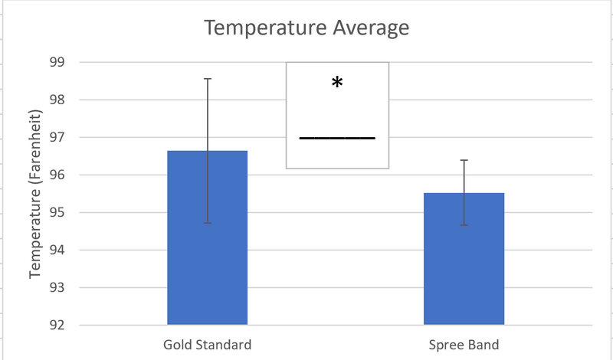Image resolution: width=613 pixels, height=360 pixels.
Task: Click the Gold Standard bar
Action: pyautogui.click(x=207, y=245)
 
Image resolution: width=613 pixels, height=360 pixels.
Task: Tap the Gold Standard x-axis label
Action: pyautogui.click(x=207, y=343)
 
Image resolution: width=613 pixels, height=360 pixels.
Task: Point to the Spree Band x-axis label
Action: pyautogui.click(x=464, y=343)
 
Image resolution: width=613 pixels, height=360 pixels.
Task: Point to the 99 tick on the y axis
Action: pyautogui.click(x=57, y=62)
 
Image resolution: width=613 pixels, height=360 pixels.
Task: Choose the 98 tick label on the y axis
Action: pyautogui.click(x=57, y=100)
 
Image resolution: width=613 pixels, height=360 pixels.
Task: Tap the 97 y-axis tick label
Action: pyautogui.click(x=57, y=137)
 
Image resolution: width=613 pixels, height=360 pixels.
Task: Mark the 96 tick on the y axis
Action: pyautogui.click(x=57, y=175)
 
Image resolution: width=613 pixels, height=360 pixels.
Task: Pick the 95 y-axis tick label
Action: pyautogui.click(x=57, y=212)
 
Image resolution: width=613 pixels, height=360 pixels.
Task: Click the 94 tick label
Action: pyautogui.click(x=57, y=250)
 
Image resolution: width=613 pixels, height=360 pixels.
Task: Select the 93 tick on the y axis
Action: pyautogui.click(x=57, y=288)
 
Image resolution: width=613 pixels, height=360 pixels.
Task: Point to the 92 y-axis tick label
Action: pyautogui.click(x=57, y=325)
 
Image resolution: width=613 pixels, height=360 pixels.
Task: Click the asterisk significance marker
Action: pyautogui.click(x=337, y=83)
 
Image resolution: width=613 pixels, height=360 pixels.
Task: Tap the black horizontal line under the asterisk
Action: pyautogui.click(x=337, y=138)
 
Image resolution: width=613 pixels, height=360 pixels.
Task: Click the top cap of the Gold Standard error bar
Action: pyautogui.click(x=207, y=78)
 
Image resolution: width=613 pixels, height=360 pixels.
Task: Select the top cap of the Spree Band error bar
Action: pyautogui.click(x=464, y=160)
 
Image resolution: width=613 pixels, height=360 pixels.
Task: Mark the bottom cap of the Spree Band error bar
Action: pyautogui.click(x=464, y=224)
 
